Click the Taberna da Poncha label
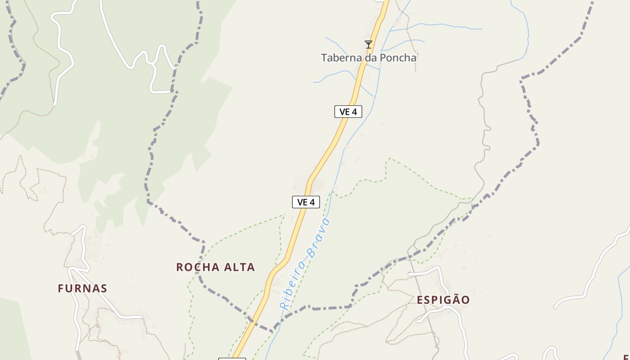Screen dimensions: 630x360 tap(369, 58)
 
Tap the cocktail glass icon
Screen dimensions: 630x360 tap(369, 44)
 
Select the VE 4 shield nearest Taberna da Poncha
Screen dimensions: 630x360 tap(348, 112)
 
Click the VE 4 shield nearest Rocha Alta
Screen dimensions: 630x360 tap(306, 202)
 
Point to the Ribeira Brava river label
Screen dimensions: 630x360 tap(305, 265)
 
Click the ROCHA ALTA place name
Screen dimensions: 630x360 tap(216, 267)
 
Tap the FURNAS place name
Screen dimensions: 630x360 tap(82, 288)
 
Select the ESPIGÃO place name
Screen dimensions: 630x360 tap(443, 300)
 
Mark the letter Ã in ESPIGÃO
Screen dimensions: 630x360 tap(454, 299)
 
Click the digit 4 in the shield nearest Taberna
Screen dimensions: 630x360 tap(355, 112)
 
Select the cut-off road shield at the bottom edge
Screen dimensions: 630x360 tap(232, 359)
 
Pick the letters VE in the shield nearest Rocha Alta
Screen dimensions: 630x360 tap(302, 202)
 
